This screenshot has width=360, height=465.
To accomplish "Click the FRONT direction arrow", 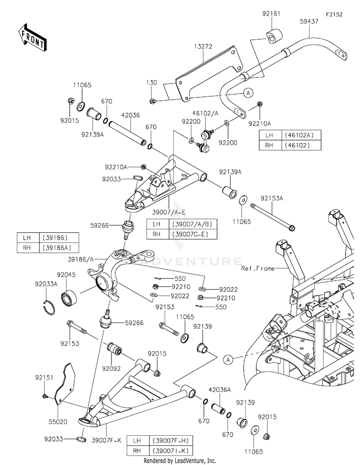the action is point(32,37).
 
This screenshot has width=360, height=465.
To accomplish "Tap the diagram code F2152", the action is point(334,14).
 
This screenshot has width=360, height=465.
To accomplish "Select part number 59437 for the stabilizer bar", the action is point(309,21).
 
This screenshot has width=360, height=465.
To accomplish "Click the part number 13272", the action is point(203,47).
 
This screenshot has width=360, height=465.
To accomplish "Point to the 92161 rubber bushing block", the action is point(274,36).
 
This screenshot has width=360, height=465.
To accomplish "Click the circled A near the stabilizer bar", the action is point(248,93).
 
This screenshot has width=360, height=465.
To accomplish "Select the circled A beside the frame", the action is point(228,360).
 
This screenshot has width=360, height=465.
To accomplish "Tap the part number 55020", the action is point(58,421).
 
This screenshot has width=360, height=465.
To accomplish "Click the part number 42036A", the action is point(219,390).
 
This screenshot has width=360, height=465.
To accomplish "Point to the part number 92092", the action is point(111,369).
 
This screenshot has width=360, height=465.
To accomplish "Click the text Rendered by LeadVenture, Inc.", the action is point(180,461).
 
